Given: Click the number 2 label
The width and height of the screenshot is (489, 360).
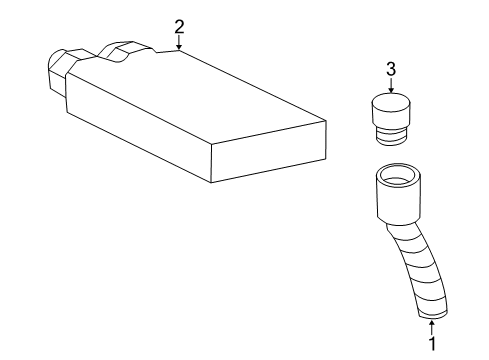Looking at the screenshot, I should coord(179,25).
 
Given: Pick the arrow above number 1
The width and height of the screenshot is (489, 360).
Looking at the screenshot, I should coord(432,322).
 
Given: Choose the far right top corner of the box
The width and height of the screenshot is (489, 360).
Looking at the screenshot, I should coord(326,122).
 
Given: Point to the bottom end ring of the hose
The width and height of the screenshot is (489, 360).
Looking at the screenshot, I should coord(433,311).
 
